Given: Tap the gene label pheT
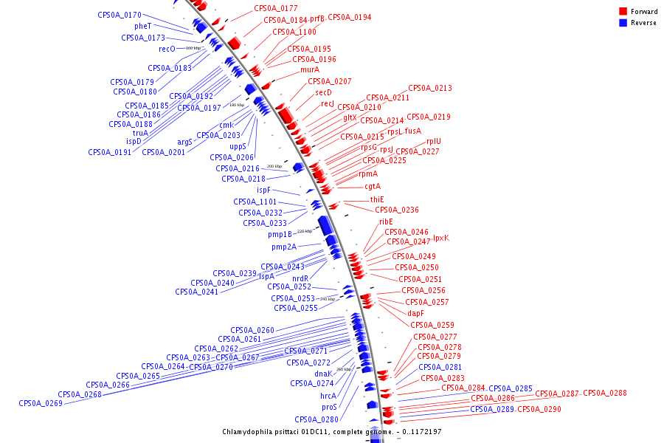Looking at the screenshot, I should tap(142, 26).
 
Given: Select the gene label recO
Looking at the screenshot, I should tap(167, 49).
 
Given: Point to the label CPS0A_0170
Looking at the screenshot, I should tap(120, 15).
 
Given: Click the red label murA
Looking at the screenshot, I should tap(310, 69).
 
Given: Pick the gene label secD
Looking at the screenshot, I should tap(324, 92).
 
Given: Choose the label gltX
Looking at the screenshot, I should tap(350, 117).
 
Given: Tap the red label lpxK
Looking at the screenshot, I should tap(440, 238).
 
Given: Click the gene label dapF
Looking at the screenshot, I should tap(415, 313).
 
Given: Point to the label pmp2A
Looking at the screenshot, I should tap(283, 247).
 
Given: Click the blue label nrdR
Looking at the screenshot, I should tap(300, 278).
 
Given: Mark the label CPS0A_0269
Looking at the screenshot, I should tap(41, 403).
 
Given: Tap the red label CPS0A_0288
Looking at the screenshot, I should tap(604, 393).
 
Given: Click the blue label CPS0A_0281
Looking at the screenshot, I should tap(440, 367).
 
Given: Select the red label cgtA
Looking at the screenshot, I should tap(373, 186).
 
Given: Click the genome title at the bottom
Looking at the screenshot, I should tap(331, 431).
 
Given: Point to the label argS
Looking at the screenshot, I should tap(184, 142).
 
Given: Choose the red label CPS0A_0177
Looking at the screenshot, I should tap(276, 8).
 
